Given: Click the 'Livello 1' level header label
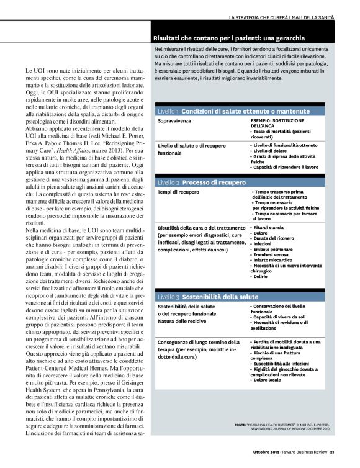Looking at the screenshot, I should pyautogui.click(x=168, y=110).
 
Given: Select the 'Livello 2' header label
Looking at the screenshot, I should pyautogui.click(x=168, y=183).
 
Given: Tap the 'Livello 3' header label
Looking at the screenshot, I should pyautogui.click(x=168, y=297).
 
